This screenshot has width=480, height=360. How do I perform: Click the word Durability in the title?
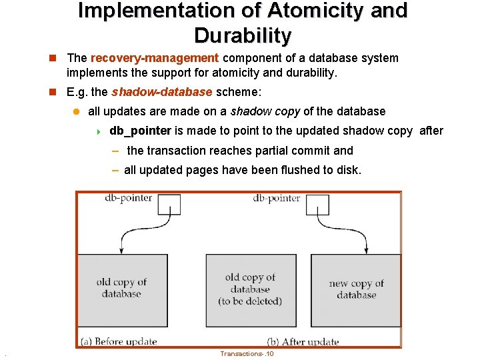point(243,36)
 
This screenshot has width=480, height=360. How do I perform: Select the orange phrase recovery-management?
point(155,58)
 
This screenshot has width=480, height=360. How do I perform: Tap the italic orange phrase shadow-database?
point(161,92)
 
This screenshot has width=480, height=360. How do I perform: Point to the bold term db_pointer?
point(140,131)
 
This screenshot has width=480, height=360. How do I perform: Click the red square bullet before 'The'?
point(53,58)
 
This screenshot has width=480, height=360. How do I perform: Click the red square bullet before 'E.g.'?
point(53,92)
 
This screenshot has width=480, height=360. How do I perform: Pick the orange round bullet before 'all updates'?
point(76,112)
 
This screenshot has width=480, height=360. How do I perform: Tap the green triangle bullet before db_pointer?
point(99,132)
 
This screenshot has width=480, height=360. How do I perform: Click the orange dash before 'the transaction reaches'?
point(115,151)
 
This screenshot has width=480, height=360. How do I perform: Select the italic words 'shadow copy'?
point(265,111)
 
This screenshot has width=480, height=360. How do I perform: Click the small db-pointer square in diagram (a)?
point(169,205)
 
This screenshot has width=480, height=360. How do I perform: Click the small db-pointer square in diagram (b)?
point(317,205)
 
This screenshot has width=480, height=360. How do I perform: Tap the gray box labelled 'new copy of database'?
point(356,291)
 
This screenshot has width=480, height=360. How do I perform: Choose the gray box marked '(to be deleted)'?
point(251,291)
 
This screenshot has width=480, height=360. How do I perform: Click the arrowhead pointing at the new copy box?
point(366,251)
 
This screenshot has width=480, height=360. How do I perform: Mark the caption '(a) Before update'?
point(119,341)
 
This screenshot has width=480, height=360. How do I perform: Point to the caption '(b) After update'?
point(303,342)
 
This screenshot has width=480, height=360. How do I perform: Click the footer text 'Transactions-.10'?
point(247,354)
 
